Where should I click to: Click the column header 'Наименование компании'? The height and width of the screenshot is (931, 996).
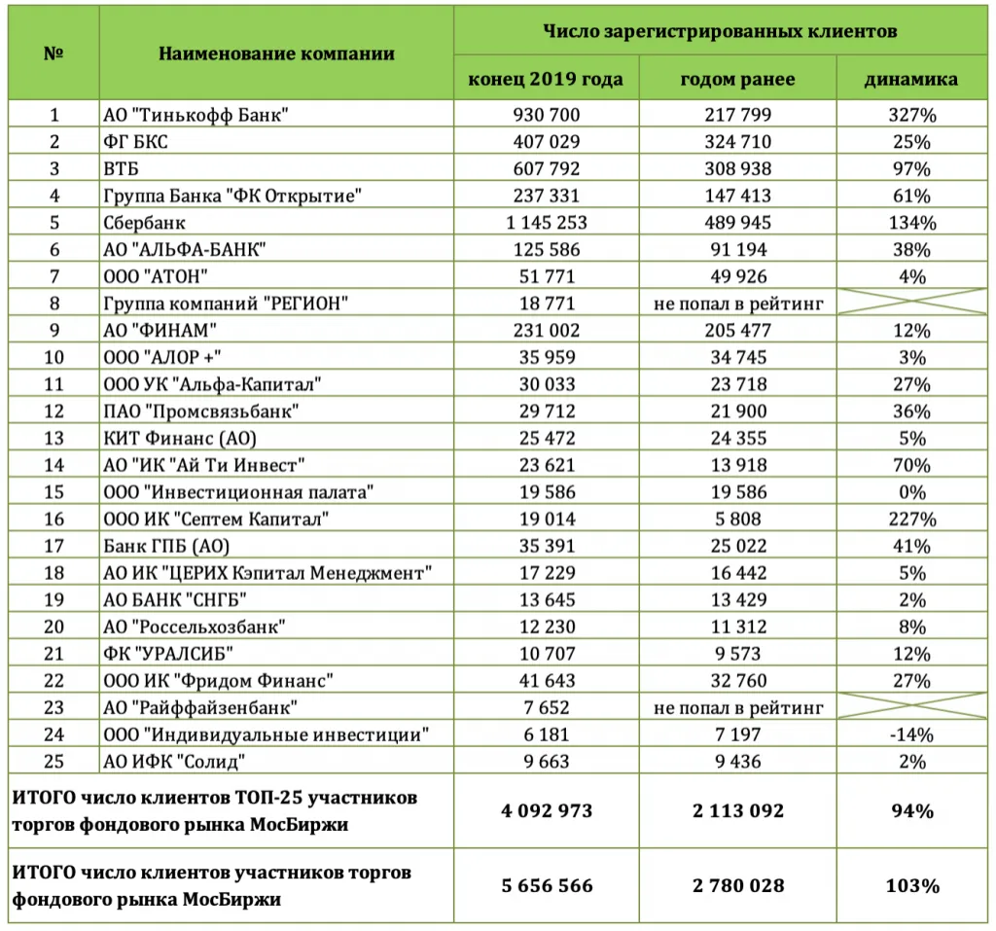[276, 54]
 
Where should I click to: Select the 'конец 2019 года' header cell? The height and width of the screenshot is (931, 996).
[546, 79]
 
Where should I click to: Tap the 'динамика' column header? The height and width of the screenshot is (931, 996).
[910, 79]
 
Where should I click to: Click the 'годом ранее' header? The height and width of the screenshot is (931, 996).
[737, 79]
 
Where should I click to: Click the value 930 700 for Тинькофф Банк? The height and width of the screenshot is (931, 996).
[546, 115]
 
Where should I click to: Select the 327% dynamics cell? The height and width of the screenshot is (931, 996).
[911, 115]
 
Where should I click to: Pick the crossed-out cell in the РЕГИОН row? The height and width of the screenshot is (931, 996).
[911, 304]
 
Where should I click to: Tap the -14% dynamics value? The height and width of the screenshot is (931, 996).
[911, 734]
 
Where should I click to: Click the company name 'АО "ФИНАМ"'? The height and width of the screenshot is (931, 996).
[160, 330]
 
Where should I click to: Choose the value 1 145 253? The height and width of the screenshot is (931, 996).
[546, 223]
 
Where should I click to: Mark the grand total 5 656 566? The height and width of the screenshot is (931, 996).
[546, 885]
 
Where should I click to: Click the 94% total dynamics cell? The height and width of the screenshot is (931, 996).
[911, 810]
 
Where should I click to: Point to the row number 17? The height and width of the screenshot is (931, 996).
[54, 545]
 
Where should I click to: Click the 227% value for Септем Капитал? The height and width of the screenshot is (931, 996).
[911, 519]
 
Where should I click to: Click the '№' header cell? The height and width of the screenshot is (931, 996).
[54, 54]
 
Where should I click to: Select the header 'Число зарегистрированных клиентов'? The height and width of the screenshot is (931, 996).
[720, 31]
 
